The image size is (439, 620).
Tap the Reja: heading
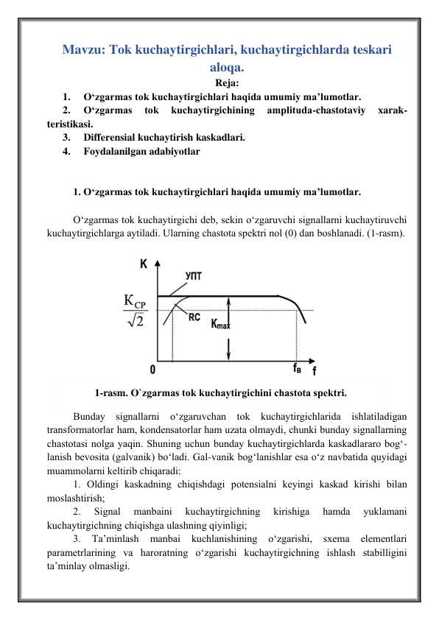pos(226,83)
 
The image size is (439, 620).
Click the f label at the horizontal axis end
pos(315,370)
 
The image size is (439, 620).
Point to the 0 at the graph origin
pos(152,368)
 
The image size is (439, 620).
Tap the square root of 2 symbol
pos(136,321)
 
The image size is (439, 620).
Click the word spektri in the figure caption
pos(323,392)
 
